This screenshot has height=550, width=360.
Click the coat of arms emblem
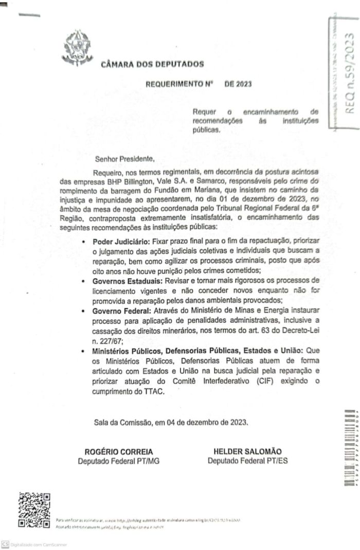(78, 48)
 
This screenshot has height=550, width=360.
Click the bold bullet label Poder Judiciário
(121, 242)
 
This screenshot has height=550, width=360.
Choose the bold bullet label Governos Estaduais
(127, 282)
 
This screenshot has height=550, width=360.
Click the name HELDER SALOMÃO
(247, 451)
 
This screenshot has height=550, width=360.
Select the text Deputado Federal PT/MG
(118, 461)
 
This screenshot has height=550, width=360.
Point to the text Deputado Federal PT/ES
(247, 461)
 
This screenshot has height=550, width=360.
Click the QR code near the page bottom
(34, 510)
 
